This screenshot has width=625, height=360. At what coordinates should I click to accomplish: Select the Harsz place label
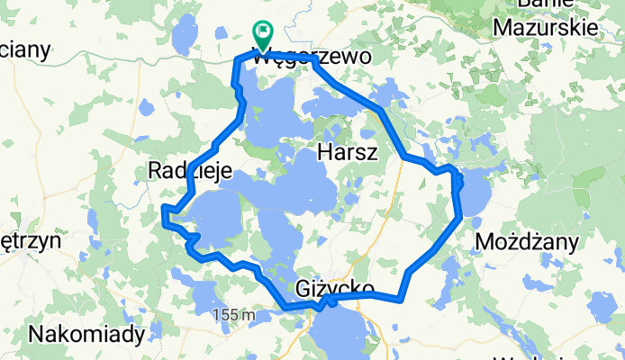(x=347, y=154)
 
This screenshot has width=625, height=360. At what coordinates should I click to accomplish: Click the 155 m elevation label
(x=236, y=315)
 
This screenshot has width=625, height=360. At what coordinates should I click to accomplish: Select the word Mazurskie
(x=547, y=28)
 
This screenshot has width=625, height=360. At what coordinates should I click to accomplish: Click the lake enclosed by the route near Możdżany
(x=476, y=193)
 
